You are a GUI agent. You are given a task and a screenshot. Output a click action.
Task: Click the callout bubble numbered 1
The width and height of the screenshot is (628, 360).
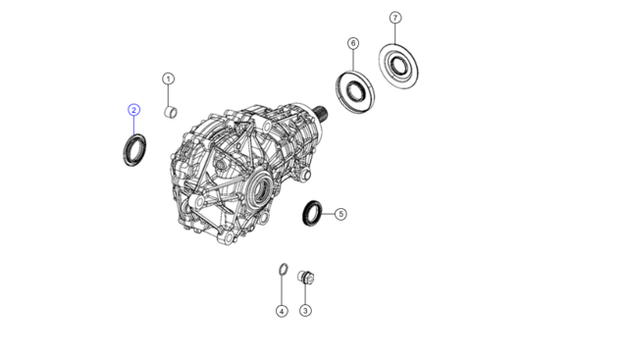click(x=168, y=78)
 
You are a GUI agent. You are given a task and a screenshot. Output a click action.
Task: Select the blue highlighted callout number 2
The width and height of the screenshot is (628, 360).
click(x=134, y=110)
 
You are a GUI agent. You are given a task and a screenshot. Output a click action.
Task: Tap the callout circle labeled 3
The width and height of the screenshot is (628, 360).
click(x=305, y=310)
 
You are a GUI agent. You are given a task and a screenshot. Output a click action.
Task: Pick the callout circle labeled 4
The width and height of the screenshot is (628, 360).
click(x=282, y=311)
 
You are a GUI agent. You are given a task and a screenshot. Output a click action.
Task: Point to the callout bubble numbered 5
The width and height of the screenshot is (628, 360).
click(x=340, y=214)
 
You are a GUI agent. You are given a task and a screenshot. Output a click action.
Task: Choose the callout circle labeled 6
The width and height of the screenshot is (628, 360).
click(x=353, y=43)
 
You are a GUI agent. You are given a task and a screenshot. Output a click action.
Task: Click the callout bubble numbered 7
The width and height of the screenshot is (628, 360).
click(x=395, y=18)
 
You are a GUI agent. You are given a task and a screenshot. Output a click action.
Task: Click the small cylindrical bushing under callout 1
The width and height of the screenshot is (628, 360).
click(x=171, y=112)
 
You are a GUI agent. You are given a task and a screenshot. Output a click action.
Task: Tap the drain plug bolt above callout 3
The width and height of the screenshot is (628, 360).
click(x=306, y=277)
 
